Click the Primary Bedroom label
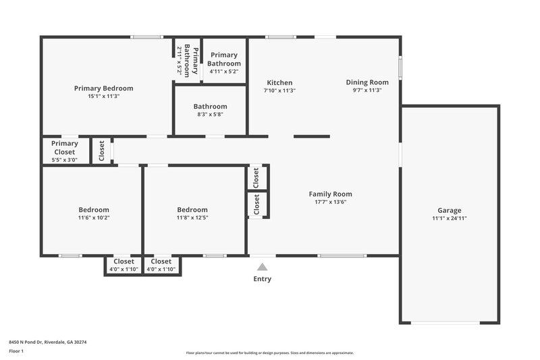pyautogui.click(x=103, y=88)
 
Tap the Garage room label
pyautogui.click(x=450, y=210)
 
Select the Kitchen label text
pyautogui.click(x=279, y=83)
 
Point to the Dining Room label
pyautogui.click(x=367, y=82)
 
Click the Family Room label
pyautogui.click(x=331, y=194)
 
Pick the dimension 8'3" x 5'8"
pyautogui.click(x=210, y=114)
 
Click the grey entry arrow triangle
pyautogui.click(x=262, y=267)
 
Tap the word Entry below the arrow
pyautogui.click(x=262, y=279)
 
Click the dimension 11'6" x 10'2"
pyautogui.click(x=93, y=217)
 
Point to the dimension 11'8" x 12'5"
pyautogui.click(x=192, y=217)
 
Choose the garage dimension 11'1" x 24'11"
pyautogui.click(x=450, y=218)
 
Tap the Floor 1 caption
pyautogui.click(x=16, y=351)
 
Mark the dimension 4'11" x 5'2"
pyautogui.click(x=223, y=71)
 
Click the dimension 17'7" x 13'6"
pyautogui.click(x=331, y=202)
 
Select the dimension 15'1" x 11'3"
pyautogui.click(x=103, y=96)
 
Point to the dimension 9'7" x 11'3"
pyautogui.click(x=367, y=91)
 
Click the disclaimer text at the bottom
pyautogui.click(x=270, y=353)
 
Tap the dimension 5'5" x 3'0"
pyautogui.click(x=65, y=160)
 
